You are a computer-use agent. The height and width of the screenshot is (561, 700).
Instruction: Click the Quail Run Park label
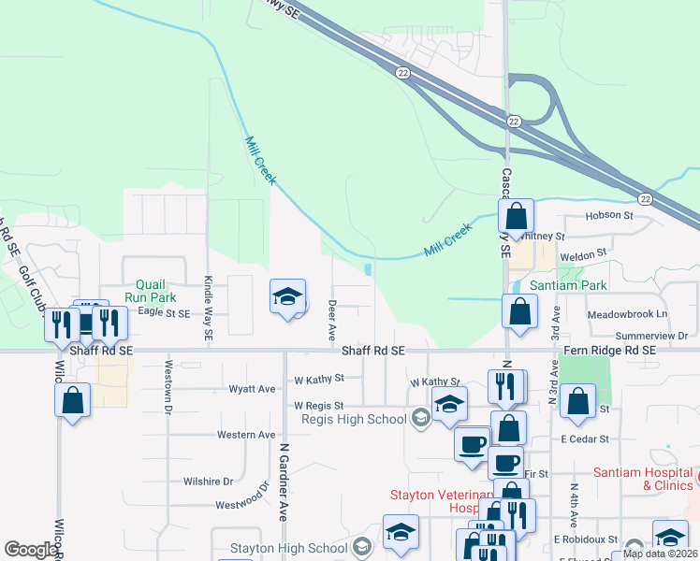pyautogui.click(x=150, y=290)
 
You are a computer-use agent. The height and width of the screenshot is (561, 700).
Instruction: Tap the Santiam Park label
pyautogui.click(x=569, y=285)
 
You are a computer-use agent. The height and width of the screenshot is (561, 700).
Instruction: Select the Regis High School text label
pyautogui.click(x=354, y=419)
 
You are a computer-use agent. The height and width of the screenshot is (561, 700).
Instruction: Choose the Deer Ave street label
pyautogui.click(x=331, y=320)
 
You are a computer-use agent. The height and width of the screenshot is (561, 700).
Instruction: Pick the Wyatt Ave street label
pyautogui.click(x=253, y=388)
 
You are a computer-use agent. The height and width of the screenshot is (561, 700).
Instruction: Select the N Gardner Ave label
pyautogui.click(x=281, y=481)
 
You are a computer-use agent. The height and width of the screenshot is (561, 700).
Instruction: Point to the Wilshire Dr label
pyautogui.click(x=208, y=481)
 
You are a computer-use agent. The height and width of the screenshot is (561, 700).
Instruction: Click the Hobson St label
pyautogui.click(x=609, y=215)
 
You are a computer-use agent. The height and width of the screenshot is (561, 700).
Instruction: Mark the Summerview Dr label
pyautogui.click(x=651, y=335)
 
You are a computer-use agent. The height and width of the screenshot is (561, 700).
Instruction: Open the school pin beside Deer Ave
pyautogui.click(x=287, y=297)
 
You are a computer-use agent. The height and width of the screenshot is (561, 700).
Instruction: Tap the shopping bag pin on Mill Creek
pyautogui.click(x=516, y=217)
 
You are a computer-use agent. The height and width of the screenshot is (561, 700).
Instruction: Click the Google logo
pyautogui.click(x=31, y=550)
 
